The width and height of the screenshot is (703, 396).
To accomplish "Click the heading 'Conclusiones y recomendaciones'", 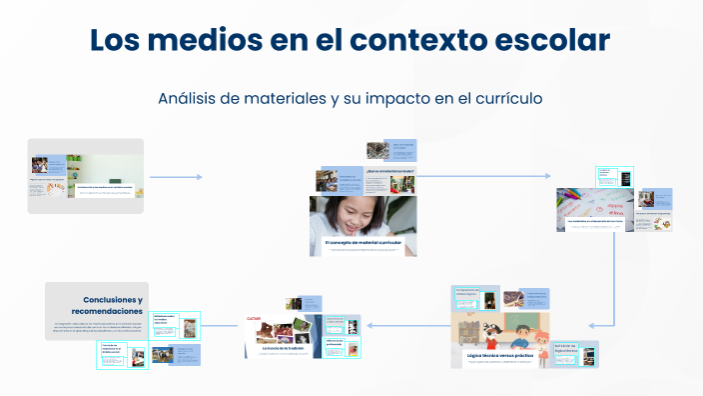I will [x=112, y=305].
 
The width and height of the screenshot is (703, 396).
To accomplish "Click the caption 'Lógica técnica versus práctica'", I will [x=507, y=355].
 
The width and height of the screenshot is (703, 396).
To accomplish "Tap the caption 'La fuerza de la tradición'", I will [x=284, y=347].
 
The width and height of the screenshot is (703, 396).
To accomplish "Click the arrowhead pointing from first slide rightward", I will [x=199, y=177].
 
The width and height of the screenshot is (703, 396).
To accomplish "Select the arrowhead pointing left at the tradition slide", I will [x=368, y=325].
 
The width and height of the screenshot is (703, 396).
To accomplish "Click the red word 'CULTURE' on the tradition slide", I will [x=255, y=320].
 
